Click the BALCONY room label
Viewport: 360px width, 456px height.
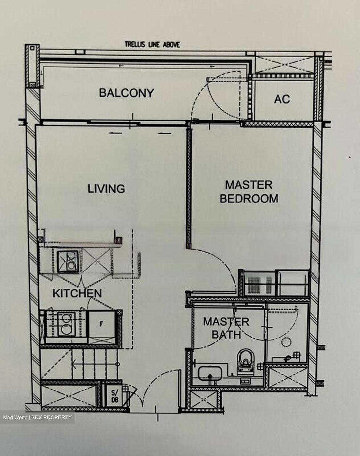point(127,93)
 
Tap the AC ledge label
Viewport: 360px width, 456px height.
point(282,99)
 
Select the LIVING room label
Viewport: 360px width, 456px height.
point(106,189)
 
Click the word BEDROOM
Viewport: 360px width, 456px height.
point(249,199)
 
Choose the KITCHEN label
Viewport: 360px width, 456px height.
point(77,293)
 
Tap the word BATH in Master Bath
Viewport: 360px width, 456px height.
point(226,335)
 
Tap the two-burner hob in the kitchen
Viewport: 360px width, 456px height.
point(66,324)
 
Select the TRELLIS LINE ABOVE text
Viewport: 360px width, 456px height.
point(152,45)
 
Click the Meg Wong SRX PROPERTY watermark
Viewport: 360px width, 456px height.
point(37,417)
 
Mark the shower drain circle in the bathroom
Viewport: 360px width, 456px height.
point(287,342)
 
